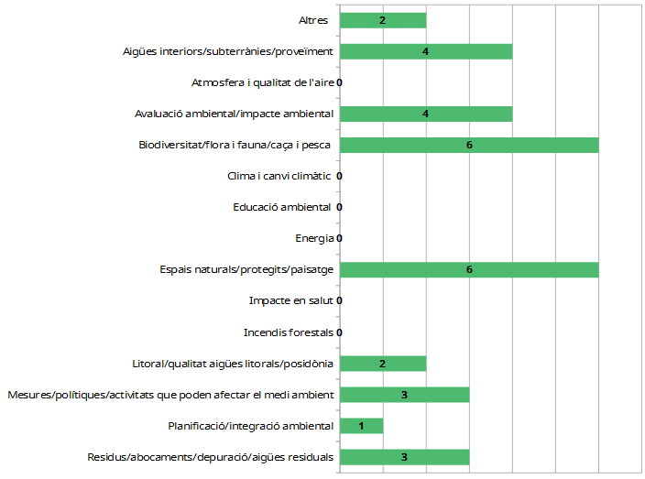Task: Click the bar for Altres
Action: (x=383, y=20)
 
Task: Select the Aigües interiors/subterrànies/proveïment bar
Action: (x=426, y=51)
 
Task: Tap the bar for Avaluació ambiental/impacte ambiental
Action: (x=426, y=114)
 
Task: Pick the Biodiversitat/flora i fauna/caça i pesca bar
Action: (x=469, y=145)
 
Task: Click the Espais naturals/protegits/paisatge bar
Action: (x=469, y=269)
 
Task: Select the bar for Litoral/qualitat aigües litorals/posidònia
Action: (x=383, y=364)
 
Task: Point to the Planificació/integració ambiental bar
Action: (x=362, y=426)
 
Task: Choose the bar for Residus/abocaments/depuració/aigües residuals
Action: (x=404, y=457)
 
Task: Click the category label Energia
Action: (x=315, y=239)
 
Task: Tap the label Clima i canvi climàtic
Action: (x=279, y=176)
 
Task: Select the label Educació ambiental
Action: (x=282, y=207)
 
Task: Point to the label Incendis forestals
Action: (x=289, y=332)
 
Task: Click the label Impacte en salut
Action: (x=291, y=301)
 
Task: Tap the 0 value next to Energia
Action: (x=340, y=239)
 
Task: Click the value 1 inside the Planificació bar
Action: (x=362, y=426)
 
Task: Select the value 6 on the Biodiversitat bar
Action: (x=469, y=145)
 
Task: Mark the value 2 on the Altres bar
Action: (x=382, y=20)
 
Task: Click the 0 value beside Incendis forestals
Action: (x=340, y=332)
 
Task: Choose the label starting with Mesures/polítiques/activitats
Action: (x=170, y=395)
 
